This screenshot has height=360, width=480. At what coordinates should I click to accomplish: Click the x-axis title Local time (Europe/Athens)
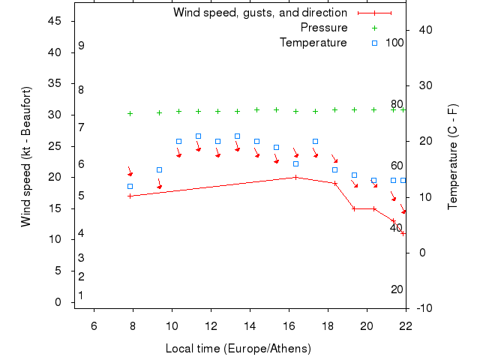238,349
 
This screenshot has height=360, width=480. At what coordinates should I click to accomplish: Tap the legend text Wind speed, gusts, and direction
259,13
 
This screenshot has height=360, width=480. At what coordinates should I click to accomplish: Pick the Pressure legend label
324,28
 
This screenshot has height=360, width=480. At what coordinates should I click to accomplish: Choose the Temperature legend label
313,43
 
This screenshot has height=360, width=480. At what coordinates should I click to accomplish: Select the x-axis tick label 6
94,325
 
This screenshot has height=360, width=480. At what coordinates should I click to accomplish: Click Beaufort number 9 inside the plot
81,46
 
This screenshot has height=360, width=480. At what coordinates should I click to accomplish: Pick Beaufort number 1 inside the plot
81,295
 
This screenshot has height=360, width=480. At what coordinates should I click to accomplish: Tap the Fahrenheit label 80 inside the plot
397,104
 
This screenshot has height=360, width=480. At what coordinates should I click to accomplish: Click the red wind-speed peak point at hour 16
295,177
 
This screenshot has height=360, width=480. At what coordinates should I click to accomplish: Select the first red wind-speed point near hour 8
130,196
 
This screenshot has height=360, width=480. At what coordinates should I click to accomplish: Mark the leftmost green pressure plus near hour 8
130,114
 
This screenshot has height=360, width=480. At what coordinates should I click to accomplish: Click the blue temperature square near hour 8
130,186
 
